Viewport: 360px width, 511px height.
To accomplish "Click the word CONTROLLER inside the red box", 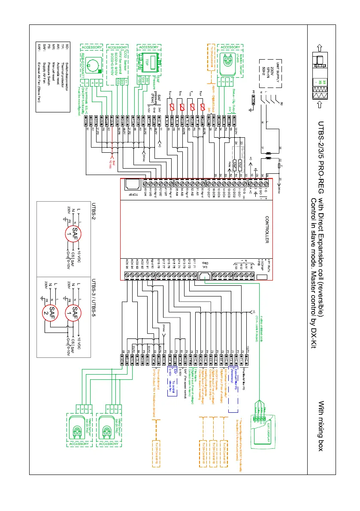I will [266, 230].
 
